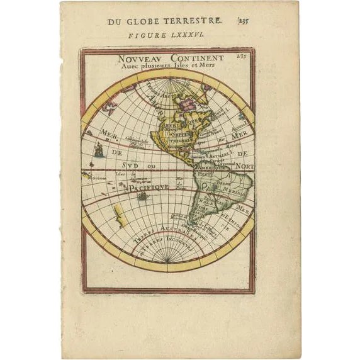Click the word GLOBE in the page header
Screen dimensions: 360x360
click(x=150, y=22)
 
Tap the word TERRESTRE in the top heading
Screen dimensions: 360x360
click(x=196, y=22)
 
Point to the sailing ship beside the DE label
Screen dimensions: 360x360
click(x=98, y=150)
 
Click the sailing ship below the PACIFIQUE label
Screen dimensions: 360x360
click(x=144, y=196)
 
